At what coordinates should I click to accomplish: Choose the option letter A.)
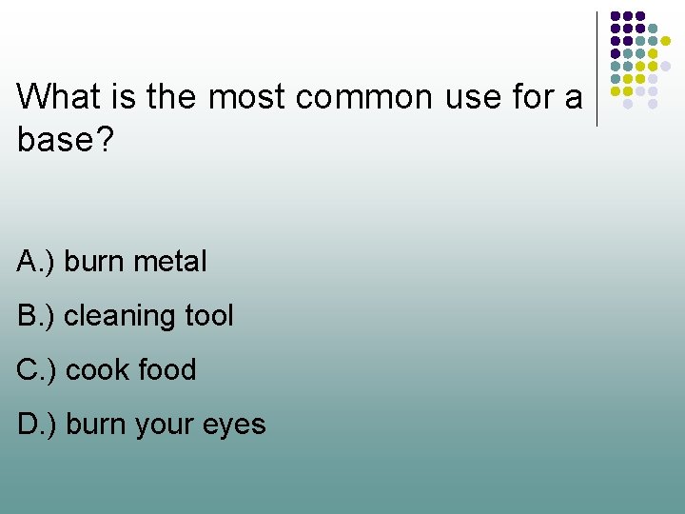pyautogui.click(x=36, y=261)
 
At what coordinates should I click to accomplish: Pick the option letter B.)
pyautogui.click(x=36, y=315)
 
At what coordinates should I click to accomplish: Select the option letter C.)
pyautogui.click(x=36, y=369)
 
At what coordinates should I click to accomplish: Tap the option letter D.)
pyautogui.click(x=36, y=424)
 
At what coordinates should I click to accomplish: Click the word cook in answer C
pyautogui.click(x=95, y=369)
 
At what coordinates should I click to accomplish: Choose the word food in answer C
pyautogui.click(x=166, y=369)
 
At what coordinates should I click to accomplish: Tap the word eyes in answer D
pyautogui.click(x=237, y=425)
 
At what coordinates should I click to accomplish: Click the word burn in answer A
pyautogui.click(x=92, y=261)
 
